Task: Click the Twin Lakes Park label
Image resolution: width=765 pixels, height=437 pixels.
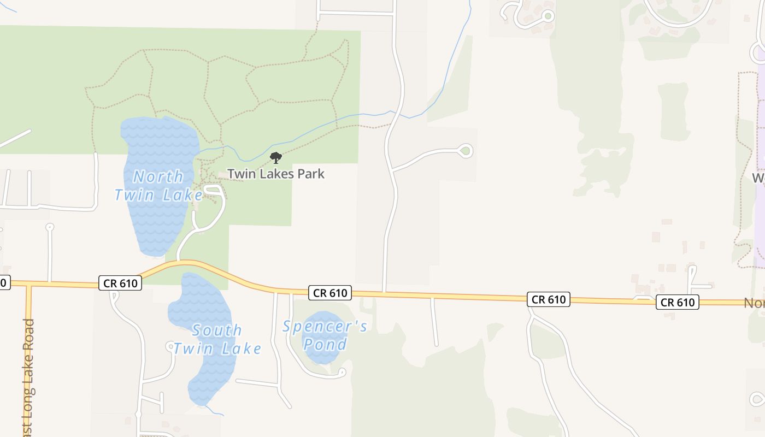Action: point(275,174)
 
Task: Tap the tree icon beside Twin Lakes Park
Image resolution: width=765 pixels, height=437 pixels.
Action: point(276,158)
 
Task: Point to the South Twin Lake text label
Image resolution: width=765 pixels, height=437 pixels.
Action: point(217,339)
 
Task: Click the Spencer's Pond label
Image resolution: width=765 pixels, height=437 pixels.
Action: point(325,335)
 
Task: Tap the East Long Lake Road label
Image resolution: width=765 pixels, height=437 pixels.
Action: point(29,377)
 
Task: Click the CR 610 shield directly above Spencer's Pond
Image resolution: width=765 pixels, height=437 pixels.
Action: point(329,293)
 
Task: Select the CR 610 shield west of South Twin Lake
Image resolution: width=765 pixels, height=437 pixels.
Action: point(120,282)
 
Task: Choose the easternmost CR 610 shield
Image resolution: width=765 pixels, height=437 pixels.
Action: point(678,302)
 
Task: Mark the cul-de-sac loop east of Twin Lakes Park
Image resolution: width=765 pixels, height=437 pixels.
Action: point(465,151)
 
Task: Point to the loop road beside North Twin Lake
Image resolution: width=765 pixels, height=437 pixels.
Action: point(214,191)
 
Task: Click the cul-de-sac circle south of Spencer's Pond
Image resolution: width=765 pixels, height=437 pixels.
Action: point(342,373)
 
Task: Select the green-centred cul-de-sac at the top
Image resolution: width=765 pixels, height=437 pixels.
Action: point(548,16)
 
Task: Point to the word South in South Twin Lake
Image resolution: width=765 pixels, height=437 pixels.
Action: point(217,330)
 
